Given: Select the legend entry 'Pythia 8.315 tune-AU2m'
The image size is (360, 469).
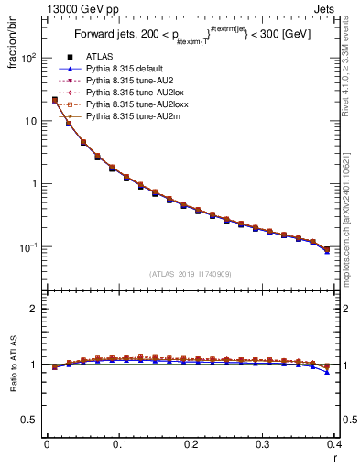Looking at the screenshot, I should point(129,116).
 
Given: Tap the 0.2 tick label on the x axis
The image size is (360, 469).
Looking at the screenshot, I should point(191,446).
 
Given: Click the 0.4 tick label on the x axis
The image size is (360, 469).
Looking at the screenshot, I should point(335,446).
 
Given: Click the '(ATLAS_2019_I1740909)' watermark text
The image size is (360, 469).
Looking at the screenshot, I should point(191,274).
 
